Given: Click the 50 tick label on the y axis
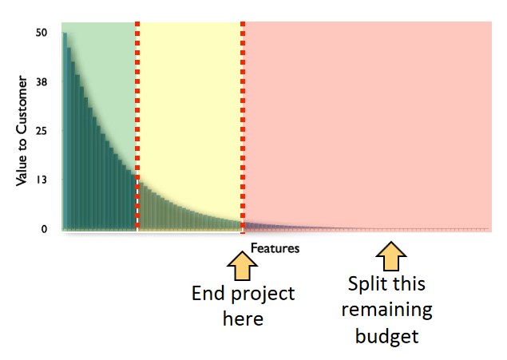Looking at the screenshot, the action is pyautogui.click(x=42, y=33).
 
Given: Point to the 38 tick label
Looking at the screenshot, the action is pyautogui.click(x=42, y=82).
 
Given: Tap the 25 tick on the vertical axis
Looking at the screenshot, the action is pyautogui.click(x=42, y=131).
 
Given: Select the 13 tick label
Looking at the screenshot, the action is pyautogui.click(x=42, y=180).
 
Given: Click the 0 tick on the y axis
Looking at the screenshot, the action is pyautogui.click(x=44, y=229).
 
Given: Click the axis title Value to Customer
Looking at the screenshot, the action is pyautogui.click(x=22, y=131).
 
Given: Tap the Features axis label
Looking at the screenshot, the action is pyautogui.click(x=275, y=248).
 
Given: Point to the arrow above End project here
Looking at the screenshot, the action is pyautogui.click(x=242, y=266).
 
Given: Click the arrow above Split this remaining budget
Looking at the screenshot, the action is pyautogui.click(x=391, y=256).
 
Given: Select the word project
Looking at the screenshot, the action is pyautogui.click(x=263, y=295).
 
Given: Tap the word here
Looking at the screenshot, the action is pyautogui.click(x=243, y=318).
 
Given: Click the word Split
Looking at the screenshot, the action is pyautogui.click(x=368, y=284).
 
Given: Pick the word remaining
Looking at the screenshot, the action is pyautogui.click(x=387, y=311).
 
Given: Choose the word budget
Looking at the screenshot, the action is pyautogui.click(x=387, y=337).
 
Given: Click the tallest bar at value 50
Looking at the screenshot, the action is pyautogui.click(x=65, y=131).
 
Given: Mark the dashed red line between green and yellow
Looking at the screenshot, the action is pyautogui.click(x=137, y=126).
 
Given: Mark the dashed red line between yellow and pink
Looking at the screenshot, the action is pyautogui.click(x=243, y=126).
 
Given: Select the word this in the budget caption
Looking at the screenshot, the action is pyautogui.click(x=409, y=283).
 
